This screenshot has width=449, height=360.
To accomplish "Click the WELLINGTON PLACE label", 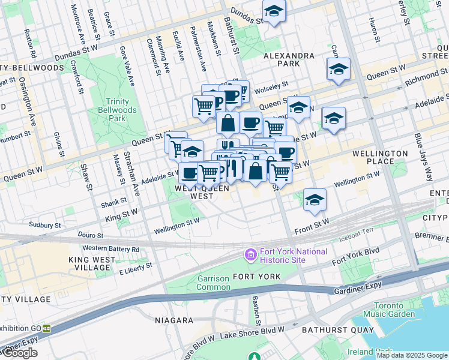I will pyautogui.click(x=381, y=157).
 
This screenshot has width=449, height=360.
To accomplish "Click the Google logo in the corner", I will pyautogui.click(x=20, y=353).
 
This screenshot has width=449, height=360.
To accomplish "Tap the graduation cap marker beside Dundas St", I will pyautogui.click(x=274, y=11).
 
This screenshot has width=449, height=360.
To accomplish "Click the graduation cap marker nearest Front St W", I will pyautogui.click(x=315, y=200).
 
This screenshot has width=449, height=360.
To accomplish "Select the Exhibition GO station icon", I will pyautogui.click(x=46, y=329).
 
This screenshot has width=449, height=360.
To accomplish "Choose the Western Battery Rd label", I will pyautogui.click(x=111, y=248).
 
